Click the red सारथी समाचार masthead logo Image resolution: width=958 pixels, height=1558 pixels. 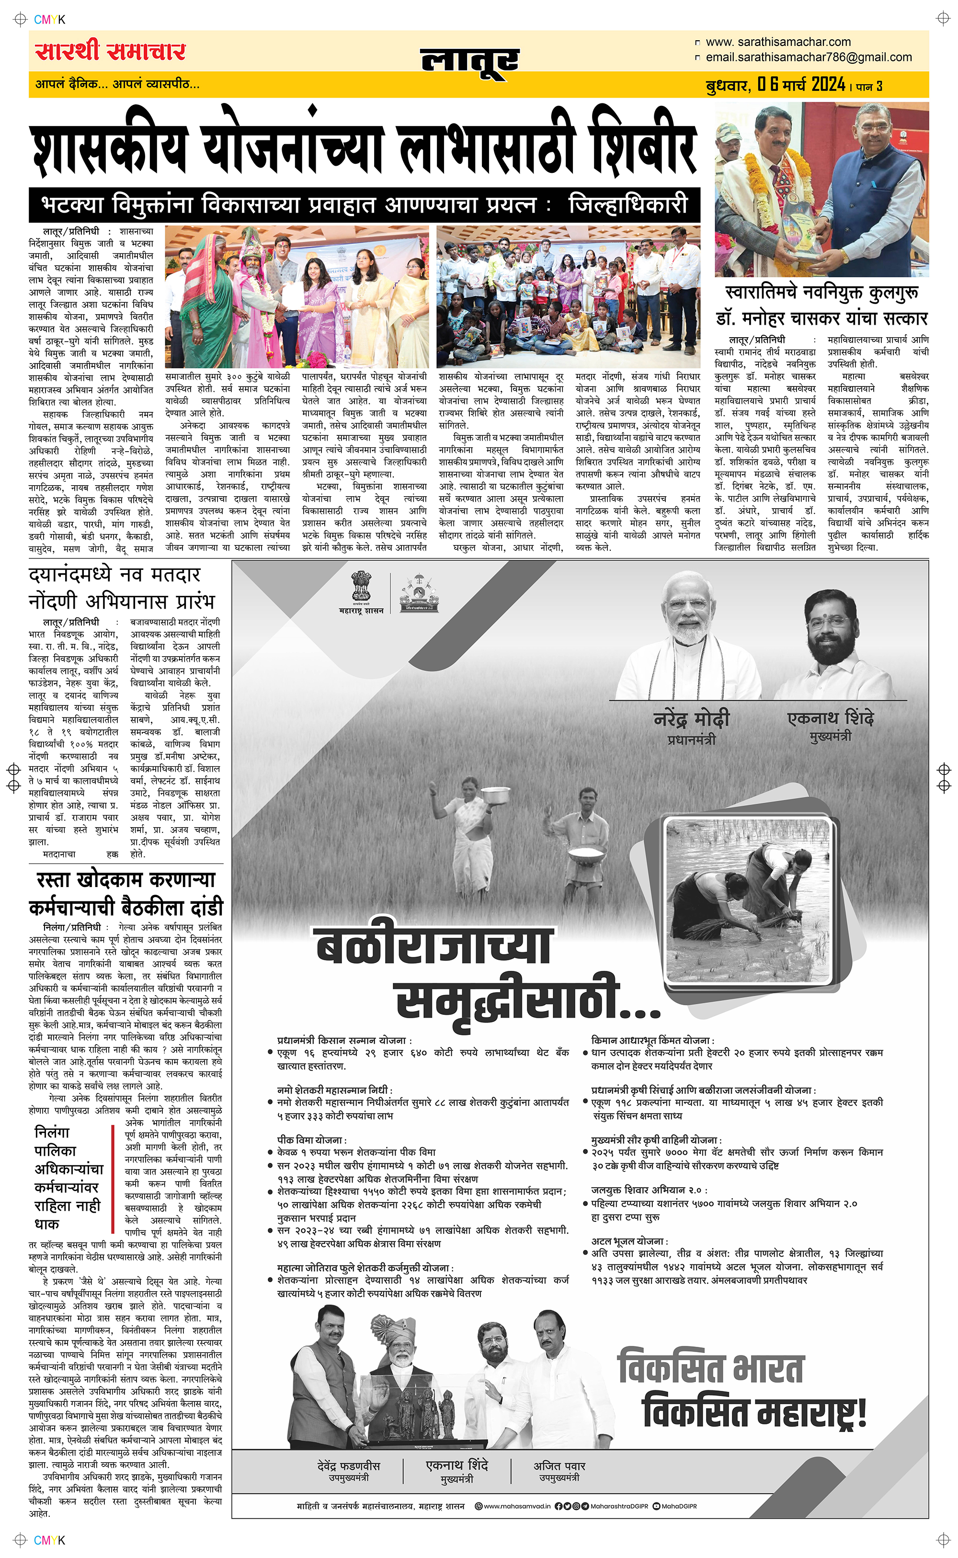pos(110,51)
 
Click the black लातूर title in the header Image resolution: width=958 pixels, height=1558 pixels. pos(469,61)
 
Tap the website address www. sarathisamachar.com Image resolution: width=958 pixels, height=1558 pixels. pos(778,42)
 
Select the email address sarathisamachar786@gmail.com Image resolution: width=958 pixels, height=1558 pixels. pos(809,57)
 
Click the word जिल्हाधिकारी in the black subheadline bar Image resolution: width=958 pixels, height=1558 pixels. pos(627,205)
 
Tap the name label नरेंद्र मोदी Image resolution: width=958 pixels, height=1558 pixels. pos(691,719)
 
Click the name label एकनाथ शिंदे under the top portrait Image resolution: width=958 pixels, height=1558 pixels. pos(830,718)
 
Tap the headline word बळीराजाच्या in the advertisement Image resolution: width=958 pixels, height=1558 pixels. pos(433,947)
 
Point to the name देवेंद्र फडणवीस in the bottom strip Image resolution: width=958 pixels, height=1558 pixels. pos(349,1466)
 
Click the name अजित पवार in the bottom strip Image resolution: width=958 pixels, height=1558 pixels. pos(559,1466)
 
